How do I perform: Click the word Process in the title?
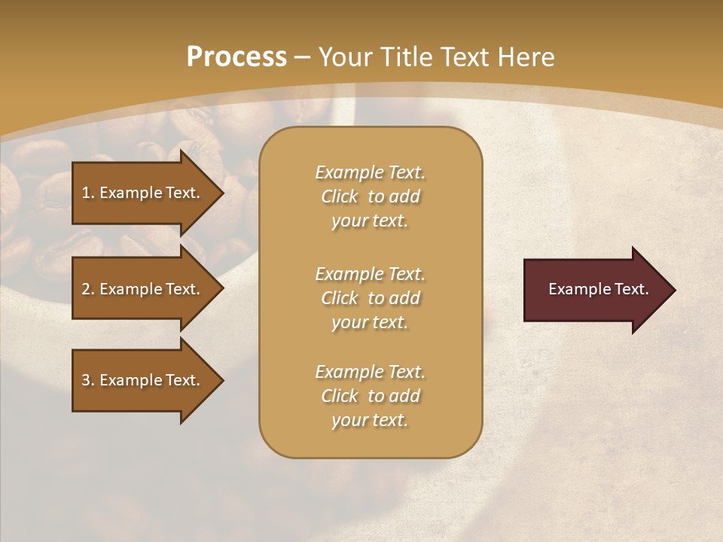point(236,57)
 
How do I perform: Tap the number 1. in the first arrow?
point(87,193)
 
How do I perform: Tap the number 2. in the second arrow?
point(87,289)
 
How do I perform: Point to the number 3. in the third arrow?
point(87,380)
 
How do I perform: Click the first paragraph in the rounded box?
point(370,196)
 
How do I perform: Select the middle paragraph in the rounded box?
point(370,297)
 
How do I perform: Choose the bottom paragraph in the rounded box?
point(370,396)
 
